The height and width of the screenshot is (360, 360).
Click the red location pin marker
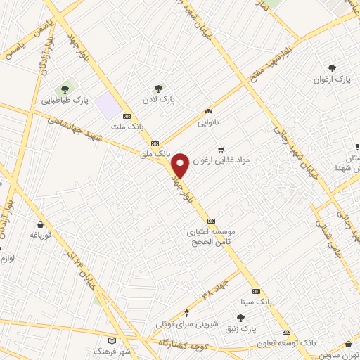(x=181, y=165)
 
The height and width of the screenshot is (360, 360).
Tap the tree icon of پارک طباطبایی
(x=65, y=89)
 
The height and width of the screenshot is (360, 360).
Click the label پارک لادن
(x=161, y=101)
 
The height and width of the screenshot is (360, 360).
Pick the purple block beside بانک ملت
(x=109, y=103)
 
